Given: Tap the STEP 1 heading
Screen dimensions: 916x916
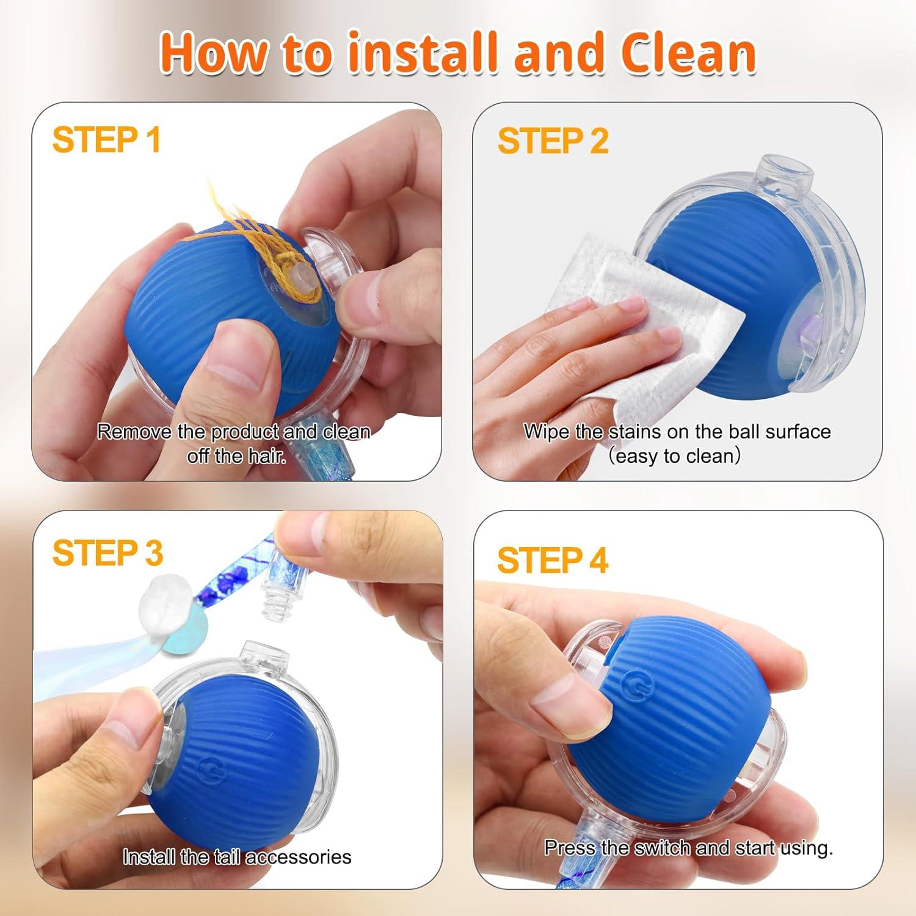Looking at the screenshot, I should (x=106, y=140).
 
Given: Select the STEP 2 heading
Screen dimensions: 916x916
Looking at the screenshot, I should (x=552, y=141).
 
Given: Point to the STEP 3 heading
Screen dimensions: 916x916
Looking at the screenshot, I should (x=107, y=553).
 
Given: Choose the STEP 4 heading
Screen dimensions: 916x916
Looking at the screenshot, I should (x=552, y=560).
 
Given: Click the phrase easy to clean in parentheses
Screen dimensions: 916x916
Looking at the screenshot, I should (x=674, y=456).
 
